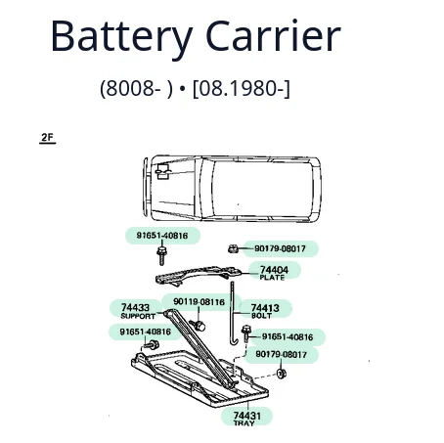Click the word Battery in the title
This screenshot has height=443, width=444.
coord(121,37)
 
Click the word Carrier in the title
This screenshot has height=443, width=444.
coord(273,35)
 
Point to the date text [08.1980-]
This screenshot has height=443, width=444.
coord(242,89)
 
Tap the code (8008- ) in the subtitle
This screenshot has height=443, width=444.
coord(136,89)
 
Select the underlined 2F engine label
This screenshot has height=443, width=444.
coord(47,138)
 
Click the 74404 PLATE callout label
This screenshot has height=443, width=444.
coord(274,273)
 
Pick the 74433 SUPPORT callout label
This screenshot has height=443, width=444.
coord(138,311)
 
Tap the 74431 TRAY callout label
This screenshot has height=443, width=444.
coord(246,419)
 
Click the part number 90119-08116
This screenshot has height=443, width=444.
coord(199,302)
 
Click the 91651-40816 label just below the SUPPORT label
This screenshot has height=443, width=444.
coord(146,332)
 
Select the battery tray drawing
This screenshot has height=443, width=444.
coord(200,378)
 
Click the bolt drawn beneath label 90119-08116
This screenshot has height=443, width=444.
coord(198,325)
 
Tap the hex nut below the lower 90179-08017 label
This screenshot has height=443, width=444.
coord(281,374)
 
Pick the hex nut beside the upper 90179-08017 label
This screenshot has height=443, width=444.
coord(233,249)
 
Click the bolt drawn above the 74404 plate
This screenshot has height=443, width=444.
coord(161,255)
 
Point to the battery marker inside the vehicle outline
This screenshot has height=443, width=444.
coord(162,171)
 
